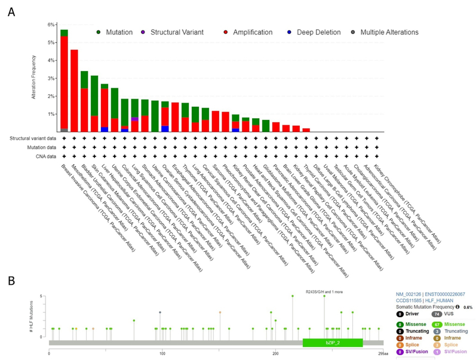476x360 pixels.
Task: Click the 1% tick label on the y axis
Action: click(x=53, y=113)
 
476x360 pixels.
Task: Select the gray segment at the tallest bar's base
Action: click(x=64, y=130)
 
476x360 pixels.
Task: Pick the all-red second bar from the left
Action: click(x=74, y=90)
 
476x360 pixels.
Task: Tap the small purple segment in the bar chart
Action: click(x=135, y=119)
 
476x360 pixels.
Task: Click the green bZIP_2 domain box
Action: click(x=333, y=343)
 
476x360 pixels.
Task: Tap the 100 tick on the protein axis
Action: click(x=162, y=353)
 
